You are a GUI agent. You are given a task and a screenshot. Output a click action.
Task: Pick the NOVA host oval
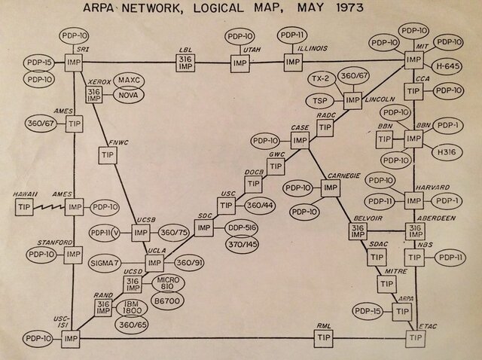131,96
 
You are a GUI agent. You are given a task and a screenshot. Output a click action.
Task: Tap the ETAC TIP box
415,338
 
